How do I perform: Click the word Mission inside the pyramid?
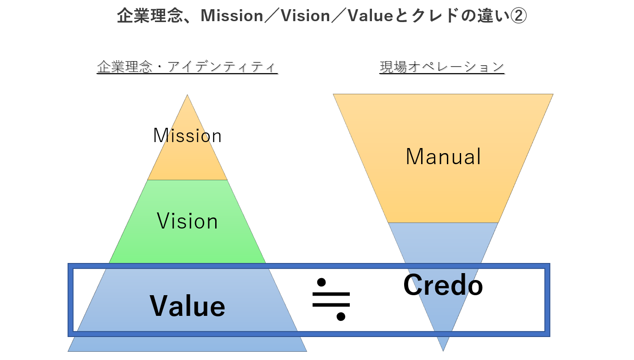[x=187, y=136]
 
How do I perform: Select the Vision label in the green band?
[x=187, y=222]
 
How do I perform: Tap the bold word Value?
[x=187, y=306]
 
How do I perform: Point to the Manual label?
[x=443, y=157]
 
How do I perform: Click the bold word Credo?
[x=443, y=285]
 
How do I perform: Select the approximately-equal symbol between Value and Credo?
[x=331, y=299]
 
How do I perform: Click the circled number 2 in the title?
[x=518, y=16]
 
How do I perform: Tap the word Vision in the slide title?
[x=305, y=16]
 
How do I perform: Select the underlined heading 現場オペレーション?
[x=442, y=67]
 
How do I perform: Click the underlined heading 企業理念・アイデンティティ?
[x=187, y=67]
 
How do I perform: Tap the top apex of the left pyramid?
[x=187, y=96]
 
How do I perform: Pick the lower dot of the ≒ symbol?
[x=341, y=316]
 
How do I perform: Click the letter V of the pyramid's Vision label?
[x=162, y=222]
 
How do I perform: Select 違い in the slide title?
[x=494, y=16]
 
